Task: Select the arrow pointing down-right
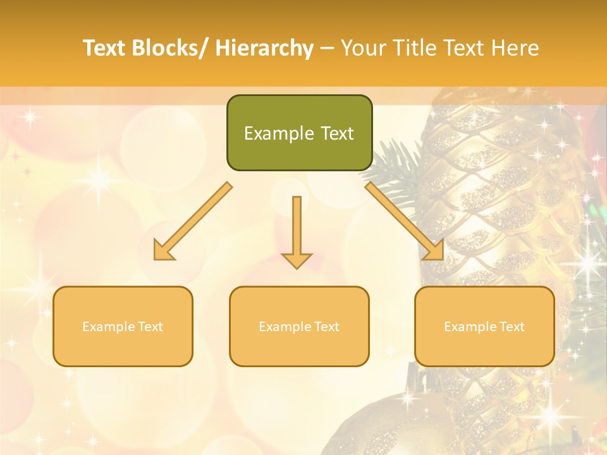coord(404,221)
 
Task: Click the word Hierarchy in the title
coord(264,48)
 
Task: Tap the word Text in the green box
coord(336,133)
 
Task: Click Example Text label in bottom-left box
coord(123,327)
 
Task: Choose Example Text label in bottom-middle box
coord(299,327)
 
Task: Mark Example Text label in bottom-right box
coord(484,327)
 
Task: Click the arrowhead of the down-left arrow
coord(162,252)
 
